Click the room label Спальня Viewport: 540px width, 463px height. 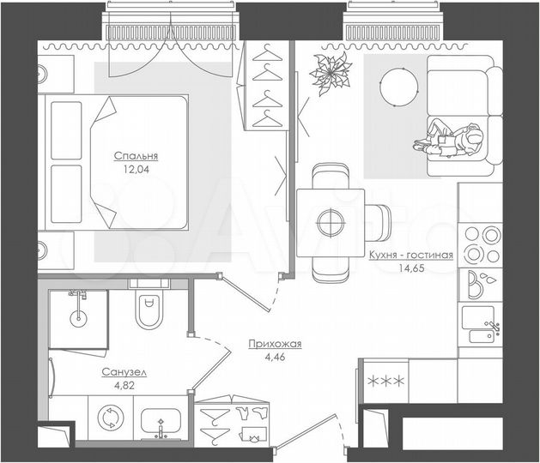click(137, 156)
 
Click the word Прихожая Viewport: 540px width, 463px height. click(274, 344)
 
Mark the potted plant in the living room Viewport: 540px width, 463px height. click(329, 72)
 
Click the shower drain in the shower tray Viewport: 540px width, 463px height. click(78, 316)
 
